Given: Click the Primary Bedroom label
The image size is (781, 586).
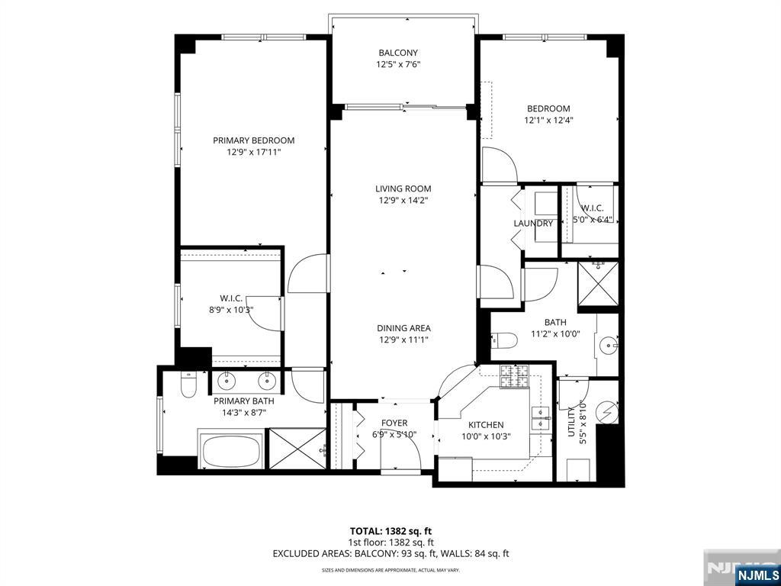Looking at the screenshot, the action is (x=253, y=140).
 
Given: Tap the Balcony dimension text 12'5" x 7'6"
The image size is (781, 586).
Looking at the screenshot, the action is (x=398, y=64).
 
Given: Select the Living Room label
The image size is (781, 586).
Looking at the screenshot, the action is (x=403, y=189).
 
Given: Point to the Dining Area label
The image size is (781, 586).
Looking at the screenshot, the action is (x=403, y=328).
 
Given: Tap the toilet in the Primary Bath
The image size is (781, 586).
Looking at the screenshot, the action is (x=188, y=385).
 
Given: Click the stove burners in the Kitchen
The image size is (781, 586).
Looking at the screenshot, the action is (x=514, y=377).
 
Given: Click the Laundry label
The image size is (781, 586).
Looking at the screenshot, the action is (x=533, y=224).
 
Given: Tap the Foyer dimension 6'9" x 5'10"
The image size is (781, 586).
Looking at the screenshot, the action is (x=394, y=434).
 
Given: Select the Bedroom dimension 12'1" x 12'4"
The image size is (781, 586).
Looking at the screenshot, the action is (x=548, y=120).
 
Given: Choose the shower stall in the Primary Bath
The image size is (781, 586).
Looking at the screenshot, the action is (x=297, y=449).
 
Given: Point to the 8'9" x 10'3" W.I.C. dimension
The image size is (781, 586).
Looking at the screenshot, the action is (x=231, y=310).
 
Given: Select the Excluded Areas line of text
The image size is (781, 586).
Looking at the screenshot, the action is (x=390, y=553).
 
